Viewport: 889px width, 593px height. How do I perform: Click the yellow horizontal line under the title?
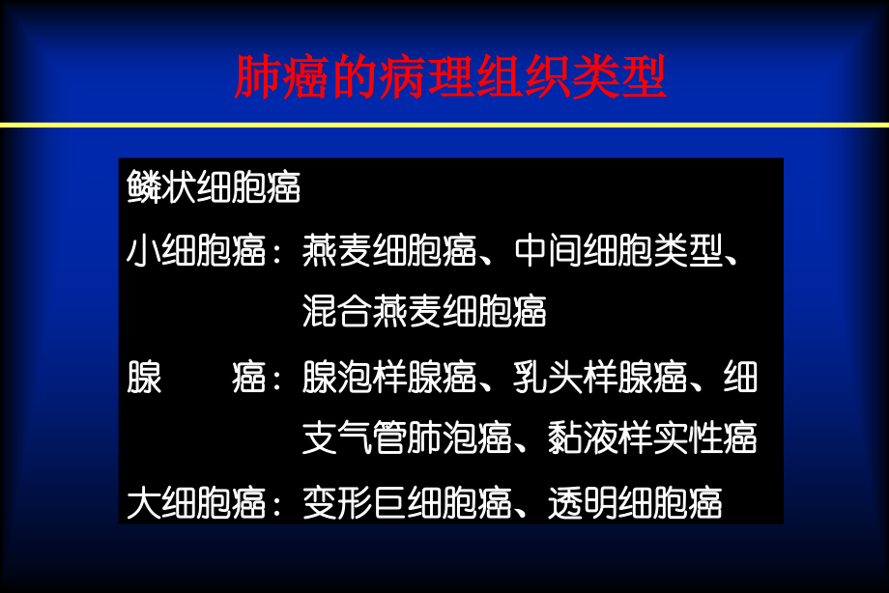tap(444, 125)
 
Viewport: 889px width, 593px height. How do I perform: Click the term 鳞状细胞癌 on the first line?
tap(214, 188)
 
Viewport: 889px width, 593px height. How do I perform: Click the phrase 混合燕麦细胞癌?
tap(424, 312)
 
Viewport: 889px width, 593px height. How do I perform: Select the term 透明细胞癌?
tap(634, 503)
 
